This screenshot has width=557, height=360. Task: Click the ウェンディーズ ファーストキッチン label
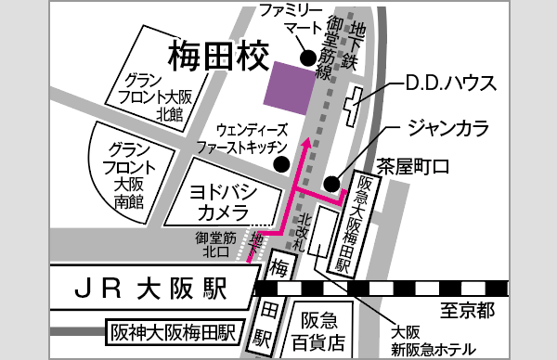click(x=252, y=138)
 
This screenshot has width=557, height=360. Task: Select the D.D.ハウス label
click(x=450, y=84)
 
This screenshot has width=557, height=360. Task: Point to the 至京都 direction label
click(x=460, y=308)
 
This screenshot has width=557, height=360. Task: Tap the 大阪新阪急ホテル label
click(x=432, y=339)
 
